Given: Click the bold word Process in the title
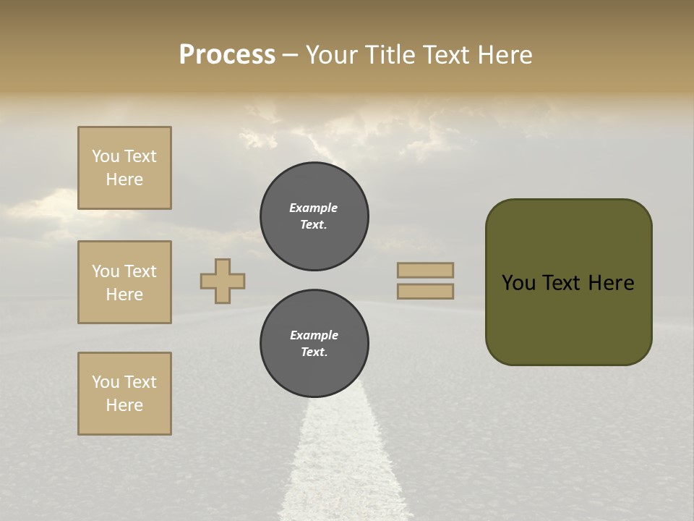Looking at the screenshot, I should pos(227,55).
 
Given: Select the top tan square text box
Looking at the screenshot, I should pos(124,168).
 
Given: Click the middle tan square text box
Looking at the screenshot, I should pos(124,282).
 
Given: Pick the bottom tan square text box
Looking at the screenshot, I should pos(124,394).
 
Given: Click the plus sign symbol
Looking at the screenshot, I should pos(223,281).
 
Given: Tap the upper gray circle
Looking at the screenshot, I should pos(314,216).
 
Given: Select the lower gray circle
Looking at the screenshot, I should pos(314,343).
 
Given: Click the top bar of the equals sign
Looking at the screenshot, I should pos(425,270).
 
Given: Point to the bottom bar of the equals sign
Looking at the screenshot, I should pos(425,291).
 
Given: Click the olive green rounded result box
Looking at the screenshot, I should pos(568,318).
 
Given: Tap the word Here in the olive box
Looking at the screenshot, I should pos(611,283).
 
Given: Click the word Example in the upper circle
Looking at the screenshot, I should pos(313,208).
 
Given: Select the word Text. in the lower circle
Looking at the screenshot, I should pos(314,352).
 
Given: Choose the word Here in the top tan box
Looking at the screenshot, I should pos(124,179).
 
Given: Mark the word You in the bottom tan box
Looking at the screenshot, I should pos(106,382).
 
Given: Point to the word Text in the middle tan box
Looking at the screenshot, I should pos(140,271).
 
